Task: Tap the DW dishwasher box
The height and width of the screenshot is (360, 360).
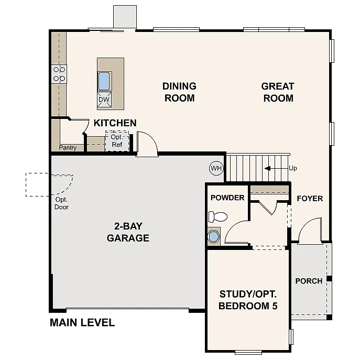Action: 104,99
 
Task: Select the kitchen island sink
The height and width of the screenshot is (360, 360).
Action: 104,81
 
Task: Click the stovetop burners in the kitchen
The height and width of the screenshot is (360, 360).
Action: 59,74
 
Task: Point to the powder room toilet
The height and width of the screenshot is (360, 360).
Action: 217,216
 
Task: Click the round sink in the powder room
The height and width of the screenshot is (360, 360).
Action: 214,236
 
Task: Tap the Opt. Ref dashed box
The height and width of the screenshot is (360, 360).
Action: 117,141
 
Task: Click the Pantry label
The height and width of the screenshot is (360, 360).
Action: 68,148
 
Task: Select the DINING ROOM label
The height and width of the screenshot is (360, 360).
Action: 179,92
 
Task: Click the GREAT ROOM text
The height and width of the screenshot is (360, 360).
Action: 278,92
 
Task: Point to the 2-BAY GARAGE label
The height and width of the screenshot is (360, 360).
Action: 128,232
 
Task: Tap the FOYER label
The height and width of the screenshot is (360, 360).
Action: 310,199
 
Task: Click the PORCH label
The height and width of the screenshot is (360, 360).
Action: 309,281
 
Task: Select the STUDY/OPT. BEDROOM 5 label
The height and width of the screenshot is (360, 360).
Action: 248,300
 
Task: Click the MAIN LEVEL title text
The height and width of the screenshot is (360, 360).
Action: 82,322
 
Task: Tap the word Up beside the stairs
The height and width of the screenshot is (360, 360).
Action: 292,168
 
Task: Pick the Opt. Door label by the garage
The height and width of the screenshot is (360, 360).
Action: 61,203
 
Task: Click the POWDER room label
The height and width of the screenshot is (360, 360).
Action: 227,198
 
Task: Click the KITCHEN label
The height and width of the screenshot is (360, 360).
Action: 115,123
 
